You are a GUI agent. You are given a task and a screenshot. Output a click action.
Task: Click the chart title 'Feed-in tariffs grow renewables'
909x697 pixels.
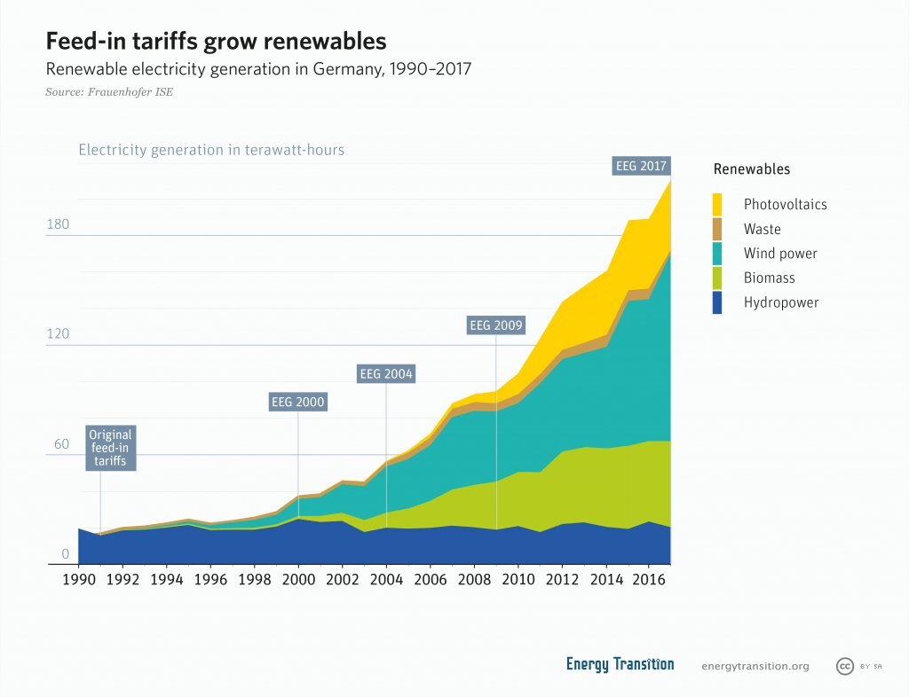[x=216, y=42]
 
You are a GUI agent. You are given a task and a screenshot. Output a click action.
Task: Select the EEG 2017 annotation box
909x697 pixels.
[x=641, y=166]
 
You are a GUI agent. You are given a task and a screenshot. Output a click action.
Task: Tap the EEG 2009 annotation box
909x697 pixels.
[x=497, y=325]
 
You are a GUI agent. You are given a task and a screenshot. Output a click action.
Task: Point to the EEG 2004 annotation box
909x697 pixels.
[x=386, y=373]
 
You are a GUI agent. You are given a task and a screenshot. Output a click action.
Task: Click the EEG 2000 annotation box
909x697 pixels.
[x=297, y=403]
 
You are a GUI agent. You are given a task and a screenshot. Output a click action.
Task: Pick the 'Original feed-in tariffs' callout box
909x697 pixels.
[x=111, y=448]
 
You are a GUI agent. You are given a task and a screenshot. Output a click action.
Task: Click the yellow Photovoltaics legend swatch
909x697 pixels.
[x=718, y=204]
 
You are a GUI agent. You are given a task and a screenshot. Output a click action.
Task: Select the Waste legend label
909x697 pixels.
[x=762, y=229]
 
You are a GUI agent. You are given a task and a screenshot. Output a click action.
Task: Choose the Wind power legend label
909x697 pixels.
[x=780, y=254]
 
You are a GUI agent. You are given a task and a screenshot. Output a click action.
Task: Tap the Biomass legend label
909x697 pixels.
[x=770, y=278]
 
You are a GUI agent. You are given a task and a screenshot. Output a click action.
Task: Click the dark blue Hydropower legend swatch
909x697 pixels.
[x=718, y=302]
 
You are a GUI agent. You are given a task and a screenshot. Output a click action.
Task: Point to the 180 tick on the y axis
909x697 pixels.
[x=58, y=224]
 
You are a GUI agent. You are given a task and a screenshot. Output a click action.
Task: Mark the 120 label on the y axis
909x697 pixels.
[x=58, y=334]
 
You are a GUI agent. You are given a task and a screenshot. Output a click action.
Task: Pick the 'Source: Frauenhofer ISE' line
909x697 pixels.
[x=109, y=91]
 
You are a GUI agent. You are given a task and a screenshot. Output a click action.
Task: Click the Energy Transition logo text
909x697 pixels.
[x=620, y=664]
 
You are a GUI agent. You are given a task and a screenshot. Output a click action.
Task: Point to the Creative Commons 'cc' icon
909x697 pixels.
[x=845, y=666]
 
